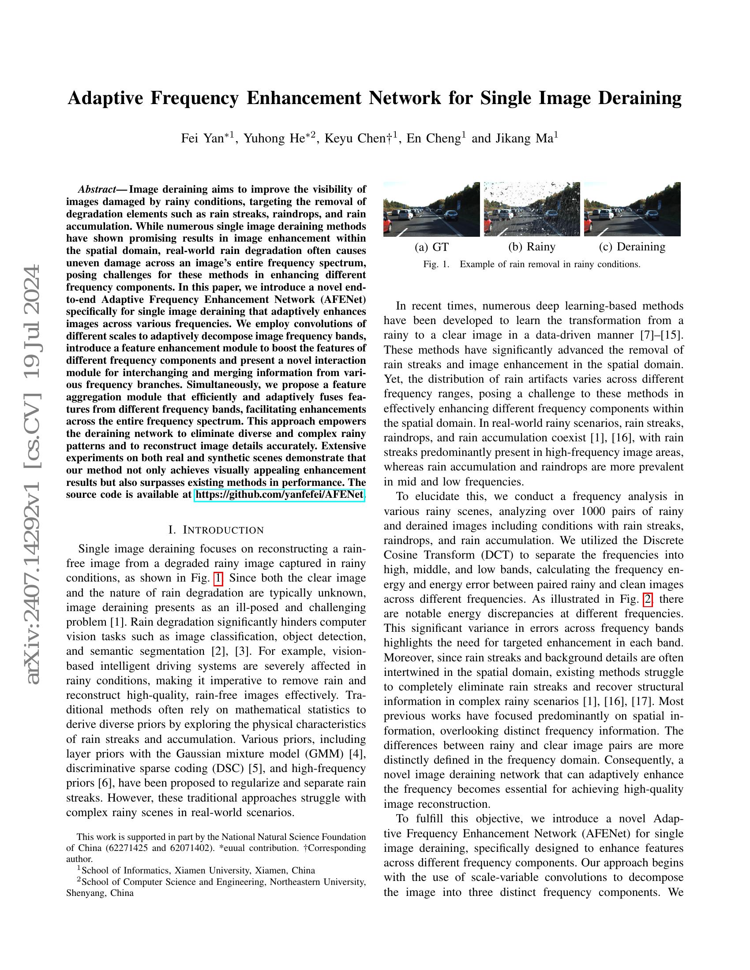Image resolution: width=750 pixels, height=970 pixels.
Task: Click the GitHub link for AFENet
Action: click(x=279, y=494)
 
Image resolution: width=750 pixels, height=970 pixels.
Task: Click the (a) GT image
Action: click(x=431, y=209)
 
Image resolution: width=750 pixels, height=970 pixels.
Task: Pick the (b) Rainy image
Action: click(x=532, y=209)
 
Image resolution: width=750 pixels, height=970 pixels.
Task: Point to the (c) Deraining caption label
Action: click(x=632, y=247)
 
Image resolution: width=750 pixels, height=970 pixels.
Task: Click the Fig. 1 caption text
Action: click(x=532, y=264)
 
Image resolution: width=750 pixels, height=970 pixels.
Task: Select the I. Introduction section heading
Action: click(x=216, y=530)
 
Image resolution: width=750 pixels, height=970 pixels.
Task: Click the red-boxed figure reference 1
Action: click(x=218, y=578)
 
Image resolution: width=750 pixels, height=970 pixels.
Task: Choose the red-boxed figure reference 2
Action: click(x=648, y=600)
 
